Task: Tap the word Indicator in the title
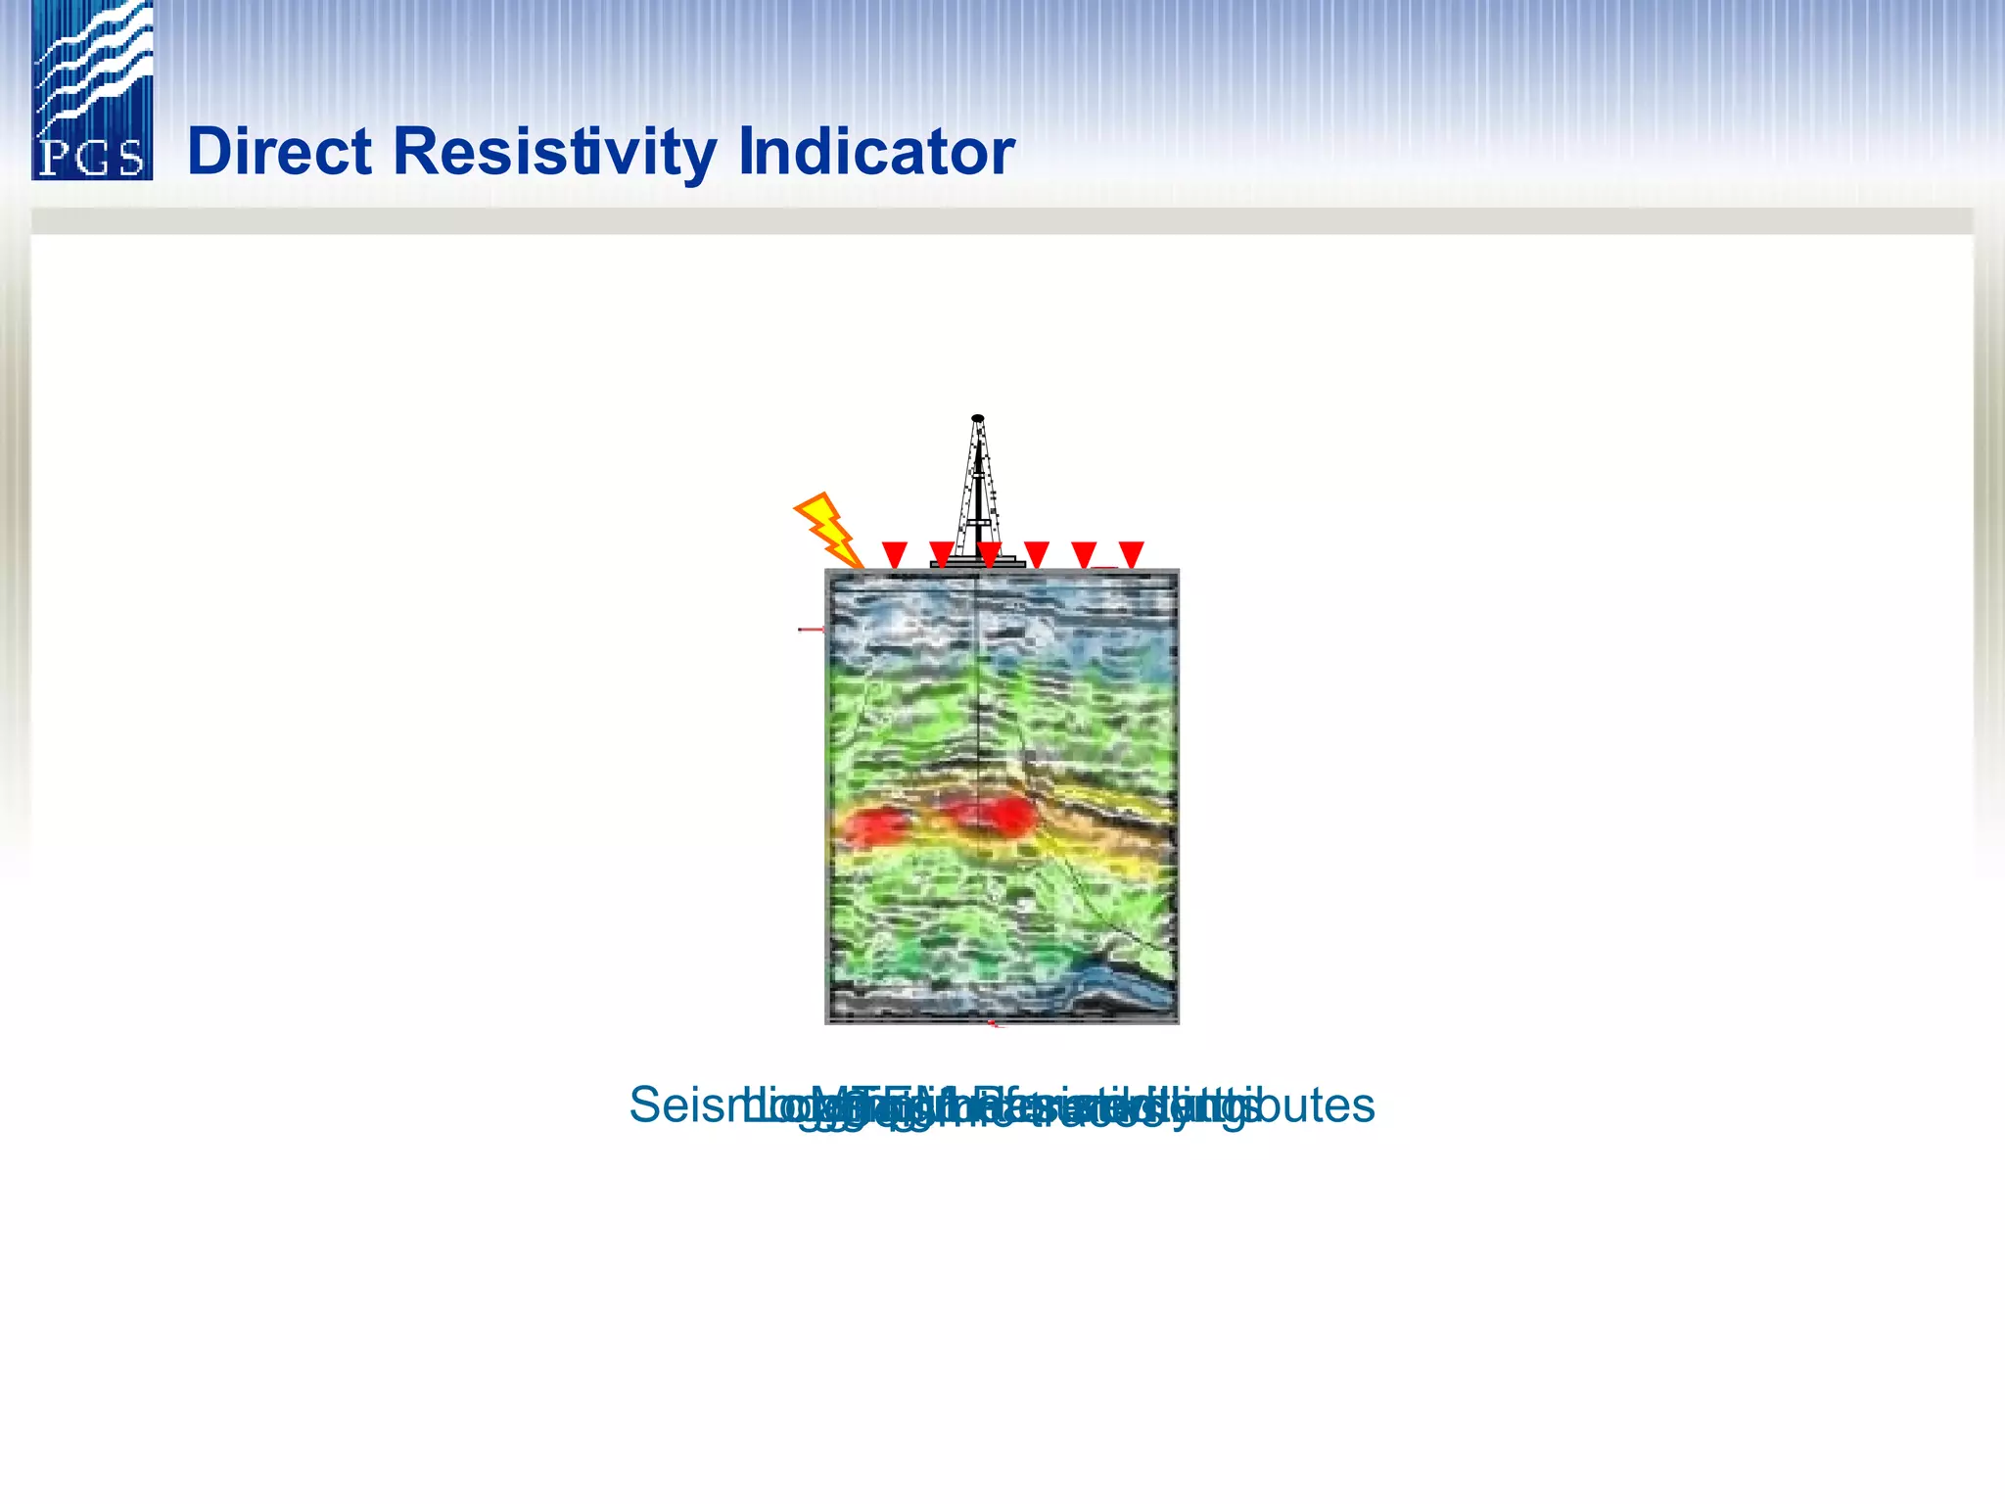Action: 876,153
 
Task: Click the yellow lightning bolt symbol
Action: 827,530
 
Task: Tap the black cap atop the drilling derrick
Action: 977,418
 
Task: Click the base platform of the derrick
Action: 977,563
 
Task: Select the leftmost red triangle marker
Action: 895,553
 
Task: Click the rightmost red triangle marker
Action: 1131,553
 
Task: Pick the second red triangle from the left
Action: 942,553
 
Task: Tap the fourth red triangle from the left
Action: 1037,553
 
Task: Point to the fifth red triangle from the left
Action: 1084,553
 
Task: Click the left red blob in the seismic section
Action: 876,825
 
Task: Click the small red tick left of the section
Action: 811,629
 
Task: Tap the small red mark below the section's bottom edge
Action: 994,1024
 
